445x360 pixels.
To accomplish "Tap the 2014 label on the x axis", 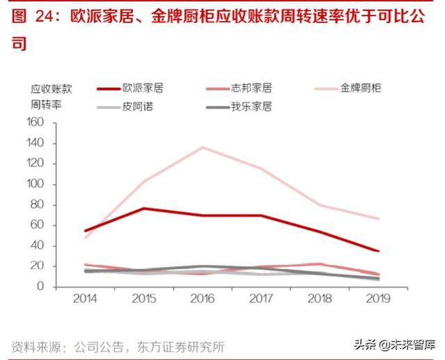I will pyautogui.click(x=86, y=299).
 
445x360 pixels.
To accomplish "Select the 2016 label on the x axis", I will pyautogui.click(x=202, y=299).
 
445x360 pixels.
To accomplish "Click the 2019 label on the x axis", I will pyautogui.click(x=376, y=299).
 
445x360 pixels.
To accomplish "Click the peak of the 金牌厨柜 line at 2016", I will pyautogui.click(x=202, y=147).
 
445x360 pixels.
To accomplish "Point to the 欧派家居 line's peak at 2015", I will pyautogui.click(x=144, y=208).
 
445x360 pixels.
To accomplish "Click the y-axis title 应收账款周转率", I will pyautogui.click(x=51, y=97).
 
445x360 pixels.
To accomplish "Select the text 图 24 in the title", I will pyautogui.click(x=33, y=17).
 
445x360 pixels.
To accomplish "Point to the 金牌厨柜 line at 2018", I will pyautogui.click(x=318, y=204).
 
